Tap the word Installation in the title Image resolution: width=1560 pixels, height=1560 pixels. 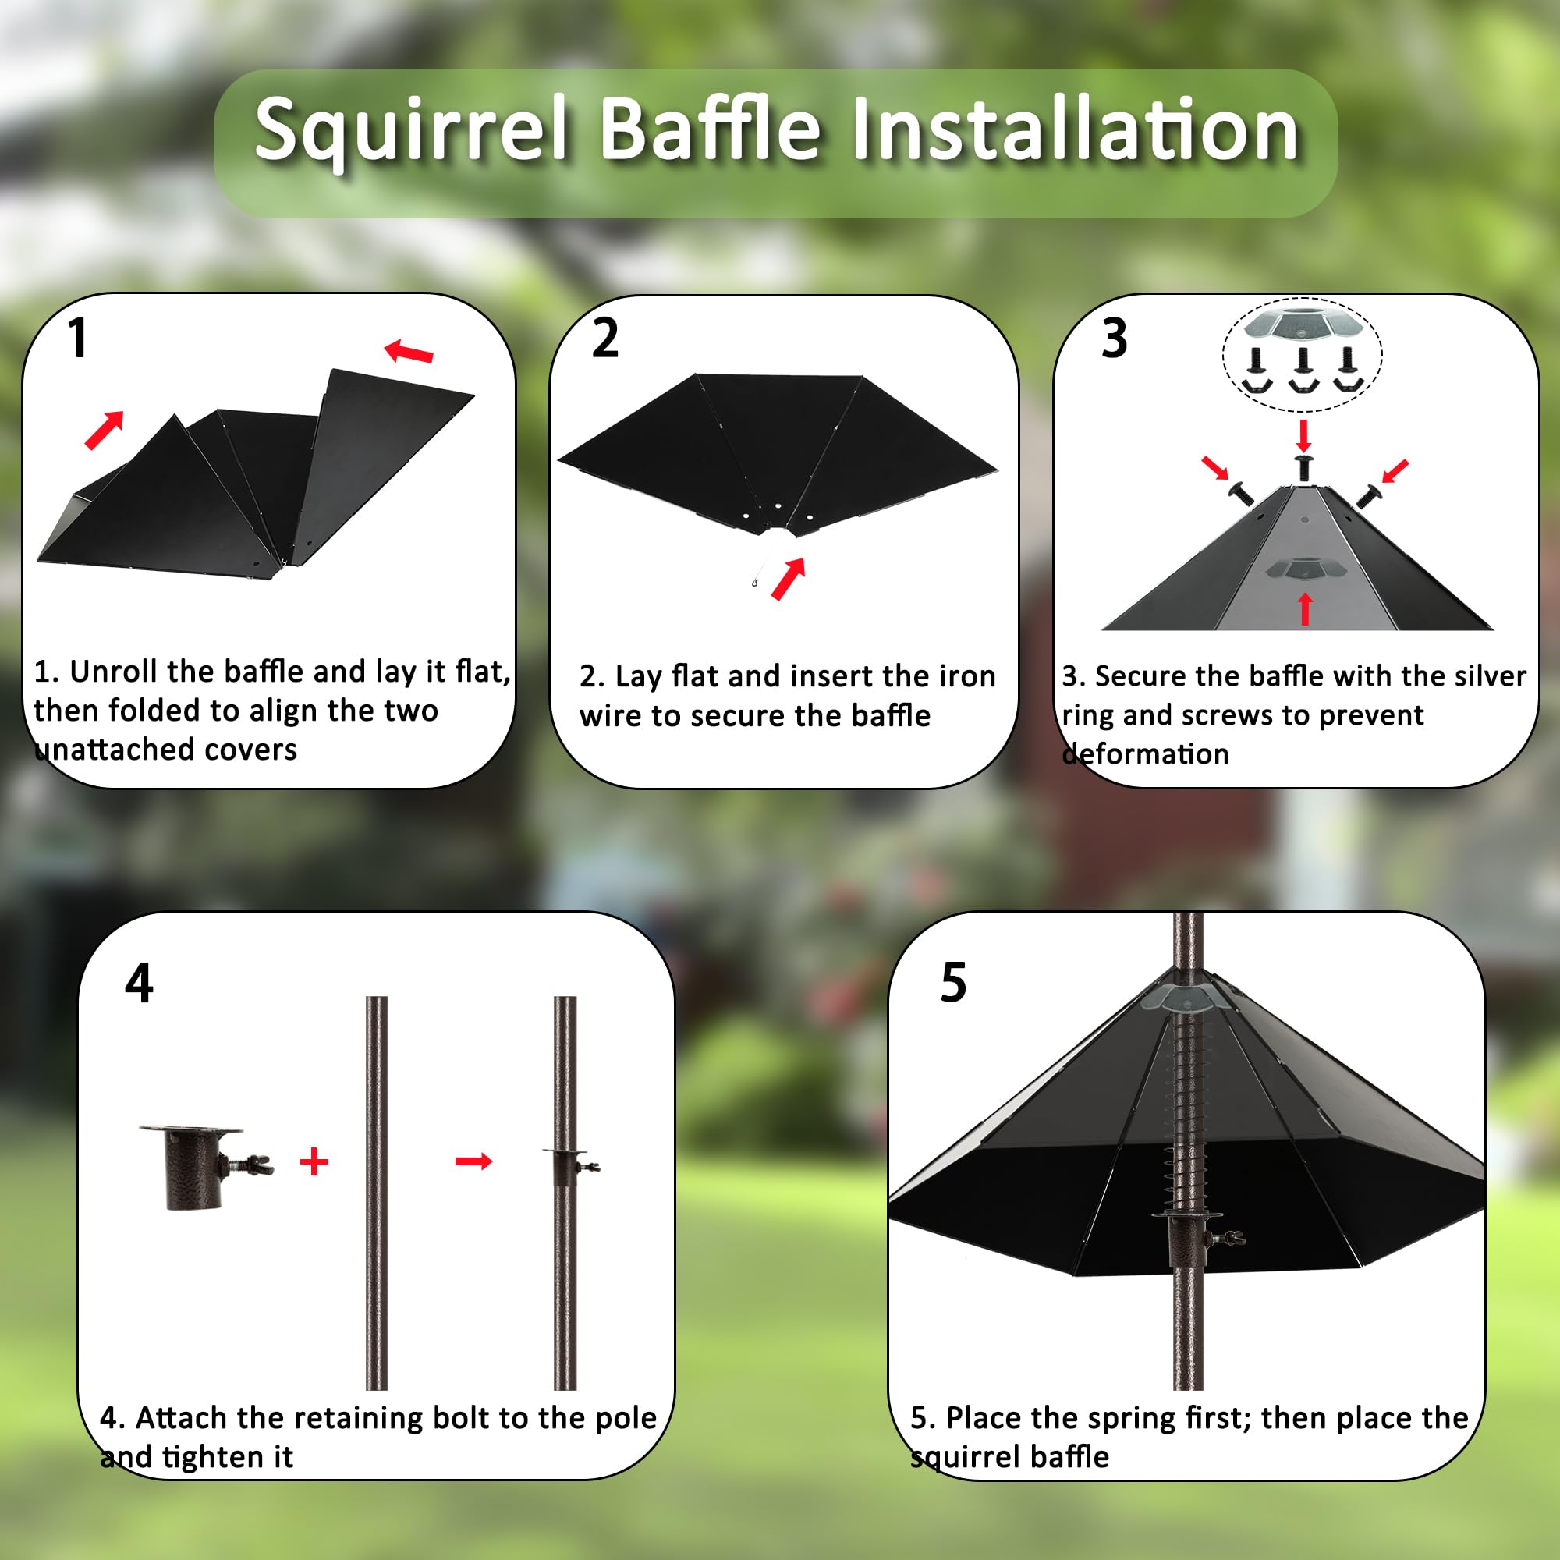click(1075, 129)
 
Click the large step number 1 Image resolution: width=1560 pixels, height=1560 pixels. click(77, 338)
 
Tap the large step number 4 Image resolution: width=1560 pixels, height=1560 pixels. click(139, 984)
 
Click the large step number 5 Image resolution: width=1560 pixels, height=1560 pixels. click(953, 984)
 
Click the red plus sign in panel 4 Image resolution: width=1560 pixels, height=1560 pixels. click(314, 1162)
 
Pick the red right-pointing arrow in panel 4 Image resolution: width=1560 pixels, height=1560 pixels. click(474, 1161)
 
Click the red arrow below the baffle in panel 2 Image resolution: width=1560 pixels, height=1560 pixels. click(788, 579)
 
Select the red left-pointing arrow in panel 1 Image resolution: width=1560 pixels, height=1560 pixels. click(409, 351)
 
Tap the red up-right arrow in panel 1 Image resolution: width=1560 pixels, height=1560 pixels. click(105, 429)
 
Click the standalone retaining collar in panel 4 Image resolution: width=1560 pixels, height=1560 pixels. click(205, 1166)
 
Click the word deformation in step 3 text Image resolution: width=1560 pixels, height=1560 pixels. click(1145, 753)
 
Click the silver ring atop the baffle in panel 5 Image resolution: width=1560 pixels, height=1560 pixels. click(1187, 999)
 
